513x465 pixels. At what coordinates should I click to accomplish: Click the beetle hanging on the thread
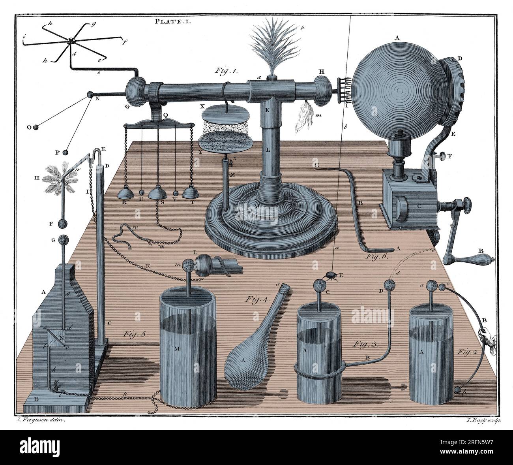(331, 276)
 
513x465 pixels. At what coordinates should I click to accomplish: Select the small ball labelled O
(36, 127)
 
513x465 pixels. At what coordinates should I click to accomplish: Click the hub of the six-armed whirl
(71, 41)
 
